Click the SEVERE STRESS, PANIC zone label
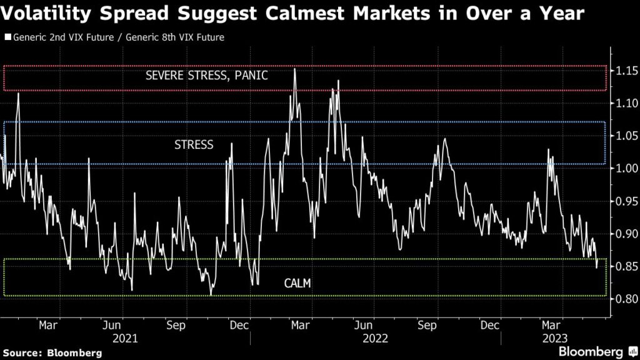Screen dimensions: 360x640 coord(206,76)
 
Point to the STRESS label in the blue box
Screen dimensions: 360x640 coord(194,144)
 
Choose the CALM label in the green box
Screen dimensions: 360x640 coord(297,284)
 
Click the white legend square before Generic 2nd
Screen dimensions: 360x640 coord(7,37)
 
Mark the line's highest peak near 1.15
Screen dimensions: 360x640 coord(294,69)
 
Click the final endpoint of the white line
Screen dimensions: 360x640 coord(597,267)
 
